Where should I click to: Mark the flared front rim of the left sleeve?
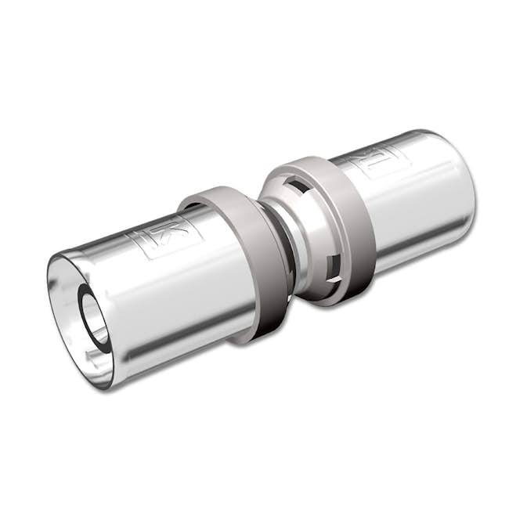click(x=59, y=329)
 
